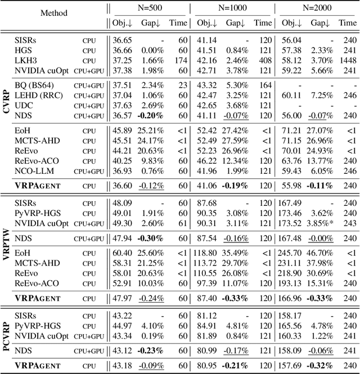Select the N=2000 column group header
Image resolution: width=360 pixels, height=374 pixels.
point(317,9)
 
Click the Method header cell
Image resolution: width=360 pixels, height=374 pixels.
point(54,13)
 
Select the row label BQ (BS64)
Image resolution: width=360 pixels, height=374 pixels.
point(33,85)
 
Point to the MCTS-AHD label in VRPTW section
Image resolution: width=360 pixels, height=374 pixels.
point(37,263)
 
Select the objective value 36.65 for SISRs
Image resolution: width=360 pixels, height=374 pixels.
point(122,40)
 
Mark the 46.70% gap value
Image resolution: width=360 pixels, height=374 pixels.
point(319,254)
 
